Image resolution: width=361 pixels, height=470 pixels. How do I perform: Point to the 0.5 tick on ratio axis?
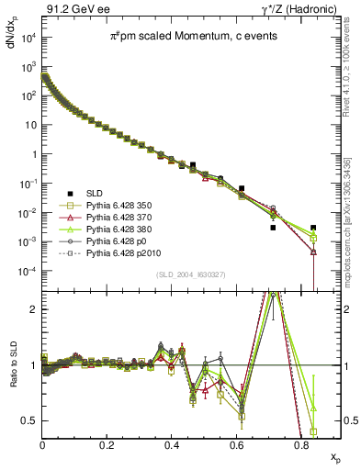(29, 420)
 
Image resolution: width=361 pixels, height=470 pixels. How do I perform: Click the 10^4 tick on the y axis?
(28, 37)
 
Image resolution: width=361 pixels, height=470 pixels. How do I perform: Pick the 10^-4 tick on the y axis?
(28, 272)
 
